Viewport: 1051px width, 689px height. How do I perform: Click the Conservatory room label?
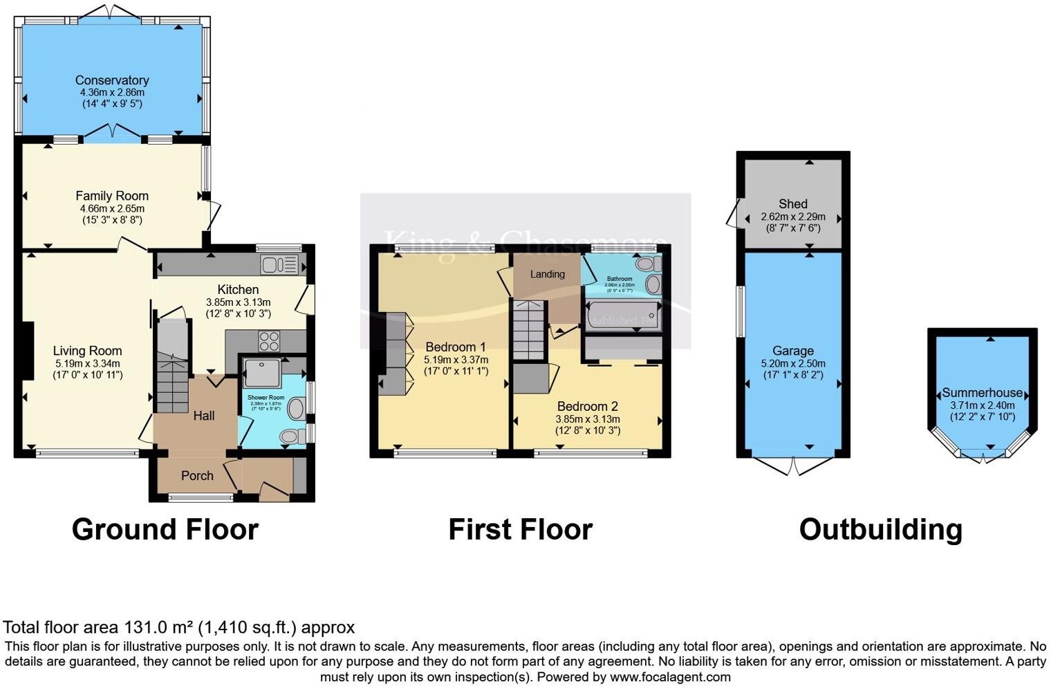pos(112,80)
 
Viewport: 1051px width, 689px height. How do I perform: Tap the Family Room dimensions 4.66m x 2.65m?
pos(112,208)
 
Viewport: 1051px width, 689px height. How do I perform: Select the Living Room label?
pos(87,351)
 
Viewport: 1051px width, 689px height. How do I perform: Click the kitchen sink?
pos(279,264)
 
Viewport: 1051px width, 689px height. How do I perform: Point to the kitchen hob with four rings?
pos(269,341)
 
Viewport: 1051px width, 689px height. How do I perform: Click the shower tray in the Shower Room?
pos(262,372)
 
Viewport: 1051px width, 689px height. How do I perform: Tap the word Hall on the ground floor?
pos(203,416)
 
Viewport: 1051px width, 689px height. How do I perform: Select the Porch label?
pos(197,476)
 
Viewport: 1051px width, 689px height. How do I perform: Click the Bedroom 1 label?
pos(455,347)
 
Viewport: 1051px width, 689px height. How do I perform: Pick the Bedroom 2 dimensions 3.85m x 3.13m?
pos(588,419)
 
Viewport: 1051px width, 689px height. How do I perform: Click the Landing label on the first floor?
pos(547,274)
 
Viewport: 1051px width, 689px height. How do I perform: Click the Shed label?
pos(792,203)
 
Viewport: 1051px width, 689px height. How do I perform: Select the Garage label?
pos(793,351)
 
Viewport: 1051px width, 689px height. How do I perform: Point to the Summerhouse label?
pos(982,392)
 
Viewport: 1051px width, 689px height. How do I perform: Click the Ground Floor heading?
pos(165,529)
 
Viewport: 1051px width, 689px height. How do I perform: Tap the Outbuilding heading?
pos(880,529)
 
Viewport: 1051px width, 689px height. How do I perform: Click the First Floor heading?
pos(520,529)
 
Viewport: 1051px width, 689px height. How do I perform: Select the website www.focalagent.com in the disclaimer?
pos(670,677)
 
